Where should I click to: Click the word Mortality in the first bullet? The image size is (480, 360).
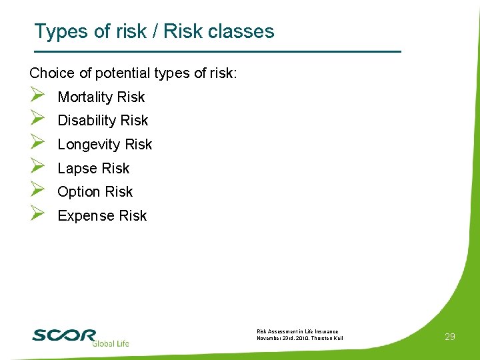pyautogui.click(x=85, y=97)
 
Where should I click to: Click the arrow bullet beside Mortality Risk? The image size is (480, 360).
pyautogui.click(x=37, y=96)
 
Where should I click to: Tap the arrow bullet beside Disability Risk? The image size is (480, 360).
pyautogui.click(x=37, y=119)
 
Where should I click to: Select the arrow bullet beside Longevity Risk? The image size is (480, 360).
pyautogui.click(x=37, y=143)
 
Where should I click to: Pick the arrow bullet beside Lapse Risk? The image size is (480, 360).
pyautogui.click(x=37, y=167)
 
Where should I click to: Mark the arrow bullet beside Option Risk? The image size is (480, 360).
pyautogui.click(x=37, y=191)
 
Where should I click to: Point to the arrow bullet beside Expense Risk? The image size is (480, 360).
pyautogui.click(x=37, y=214)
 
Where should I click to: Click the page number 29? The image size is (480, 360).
pyautogui.click(x=450, y=337)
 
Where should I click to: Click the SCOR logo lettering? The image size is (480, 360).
pyautogui.click(x=64, y=334)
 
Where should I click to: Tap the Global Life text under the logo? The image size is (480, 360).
pyautogui.click(x=110, y=343)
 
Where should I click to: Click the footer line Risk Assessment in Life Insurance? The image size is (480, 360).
pyautogui.click(x=297, y=331)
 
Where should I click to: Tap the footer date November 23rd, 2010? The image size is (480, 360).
pyautogui.click(x=281, y=338)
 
